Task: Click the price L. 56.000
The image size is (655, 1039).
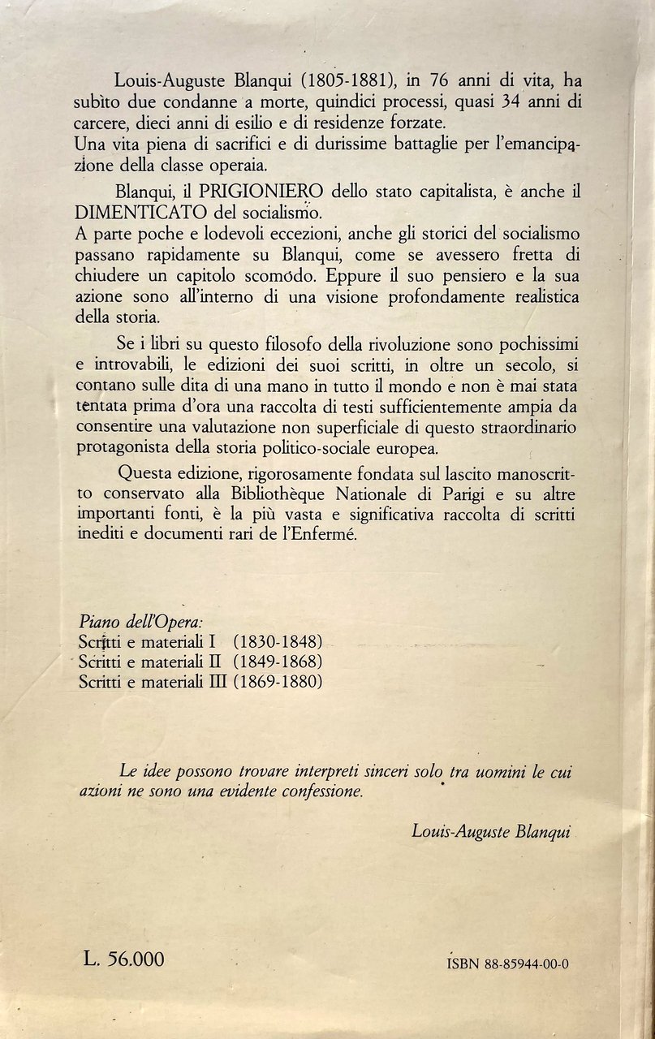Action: (124, 959)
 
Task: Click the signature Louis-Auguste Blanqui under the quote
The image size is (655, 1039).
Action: (481, 829)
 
